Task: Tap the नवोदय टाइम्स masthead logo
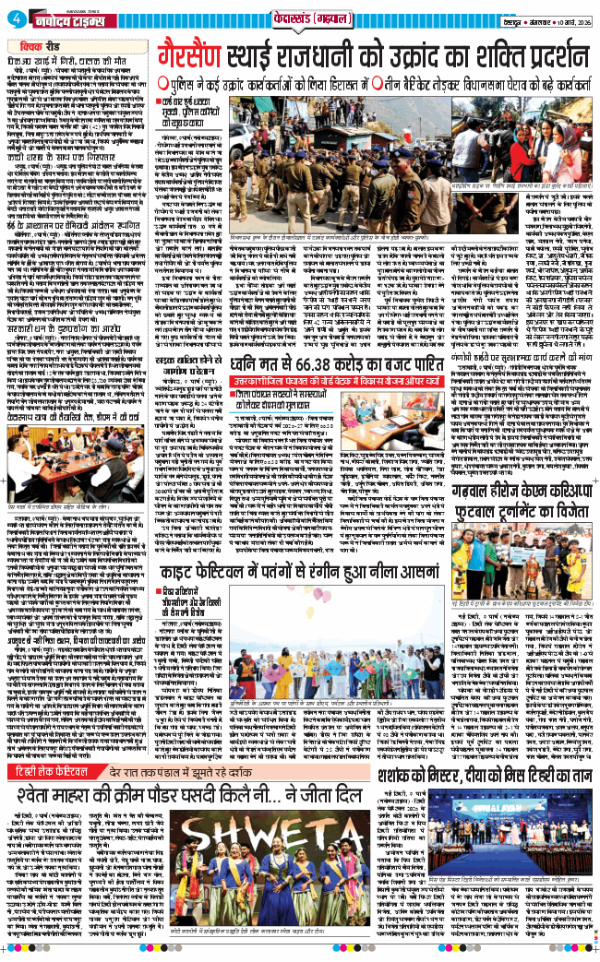pos(65,18)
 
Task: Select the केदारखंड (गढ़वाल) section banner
pos(299,18)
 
